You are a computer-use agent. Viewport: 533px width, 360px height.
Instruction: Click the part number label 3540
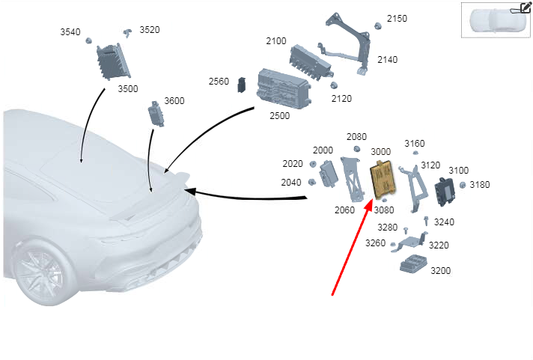coord(70,32)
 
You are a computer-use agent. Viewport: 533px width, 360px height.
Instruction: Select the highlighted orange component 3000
coord(383,179)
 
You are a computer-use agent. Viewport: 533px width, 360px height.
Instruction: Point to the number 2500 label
coord(280,115)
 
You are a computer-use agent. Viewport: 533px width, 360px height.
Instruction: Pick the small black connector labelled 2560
coord(242,85)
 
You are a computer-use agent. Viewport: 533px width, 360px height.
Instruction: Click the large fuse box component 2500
coord(284,89)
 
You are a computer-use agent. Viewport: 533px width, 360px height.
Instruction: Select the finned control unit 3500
coord(113,61)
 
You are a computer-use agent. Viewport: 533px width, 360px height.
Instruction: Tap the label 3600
coord(174,100)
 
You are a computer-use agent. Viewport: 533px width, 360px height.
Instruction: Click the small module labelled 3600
coord(156,114)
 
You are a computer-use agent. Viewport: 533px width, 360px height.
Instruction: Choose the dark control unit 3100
coord(445,192)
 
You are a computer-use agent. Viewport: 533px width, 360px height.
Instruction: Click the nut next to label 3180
coord(463,185)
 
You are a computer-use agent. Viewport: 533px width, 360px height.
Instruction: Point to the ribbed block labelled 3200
coord(413,263)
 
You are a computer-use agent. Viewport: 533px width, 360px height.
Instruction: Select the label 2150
coord(397,19)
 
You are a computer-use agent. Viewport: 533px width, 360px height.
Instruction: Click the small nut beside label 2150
coord(377,26)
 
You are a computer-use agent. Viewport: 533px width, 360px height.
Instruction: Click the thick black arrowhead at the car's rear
coord(191,191)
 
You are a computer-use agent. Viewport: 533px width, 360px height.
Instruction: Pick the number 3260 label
coord(375,243)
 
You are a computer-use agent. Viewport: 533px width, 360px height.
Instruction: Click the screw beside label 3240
coord(426,221)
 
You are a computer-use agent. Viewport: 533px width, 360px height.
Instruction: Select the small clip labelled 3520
coord(128,33)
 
